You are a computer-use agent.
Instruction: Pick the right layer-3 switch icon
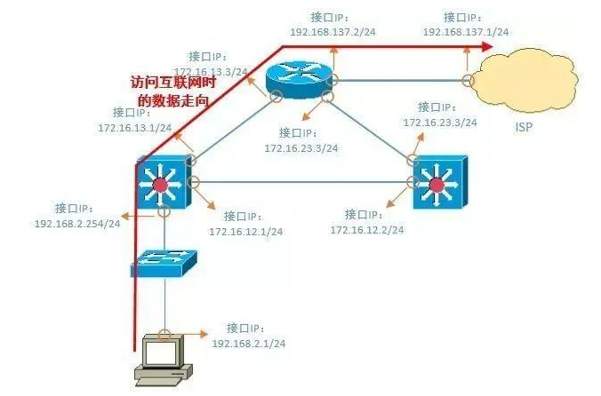tap(437, 184)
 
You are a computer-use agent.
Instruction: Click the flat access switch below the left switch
tap(164, 262)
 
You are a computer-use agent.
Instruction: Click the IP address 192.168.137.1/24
tap(465, 32)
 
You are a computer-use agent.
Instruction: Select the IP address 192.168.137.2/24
tap(332, 32)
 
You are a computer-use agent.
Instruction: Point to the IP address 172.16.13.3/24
tap(211, 70)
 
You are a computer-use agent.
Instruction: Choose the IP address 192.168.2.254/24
tap(77, 223)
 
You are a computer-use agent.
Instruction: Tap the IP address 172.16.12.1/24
tap(245, 231)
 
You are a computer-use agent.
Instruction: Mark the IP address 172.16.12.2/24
tap(366, 230)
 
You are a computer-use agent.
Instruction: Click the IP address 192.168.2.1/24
tap(248, 342)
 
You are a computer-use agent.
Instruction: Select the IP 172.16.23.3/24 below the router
tap(300, 148)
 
